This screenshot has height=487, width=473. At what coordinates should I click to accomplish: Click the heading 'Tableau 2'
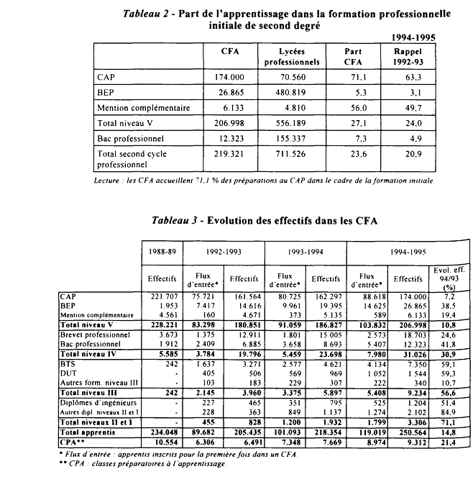point(147,13)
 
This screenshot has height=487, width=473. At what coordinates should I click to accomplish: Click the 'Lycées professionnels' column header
point(298,58)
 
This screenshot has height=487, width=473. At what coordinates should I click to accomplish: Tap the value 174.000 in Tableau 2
point(231,76)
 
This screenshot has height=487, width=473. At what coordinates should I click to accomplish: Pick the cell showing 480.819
point(298,92)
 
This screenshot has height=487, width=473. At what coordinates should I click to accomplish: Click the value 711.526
point(298,153)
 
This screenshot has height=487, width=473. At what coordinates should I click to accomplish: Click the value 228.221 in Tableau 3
point(163,324)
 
